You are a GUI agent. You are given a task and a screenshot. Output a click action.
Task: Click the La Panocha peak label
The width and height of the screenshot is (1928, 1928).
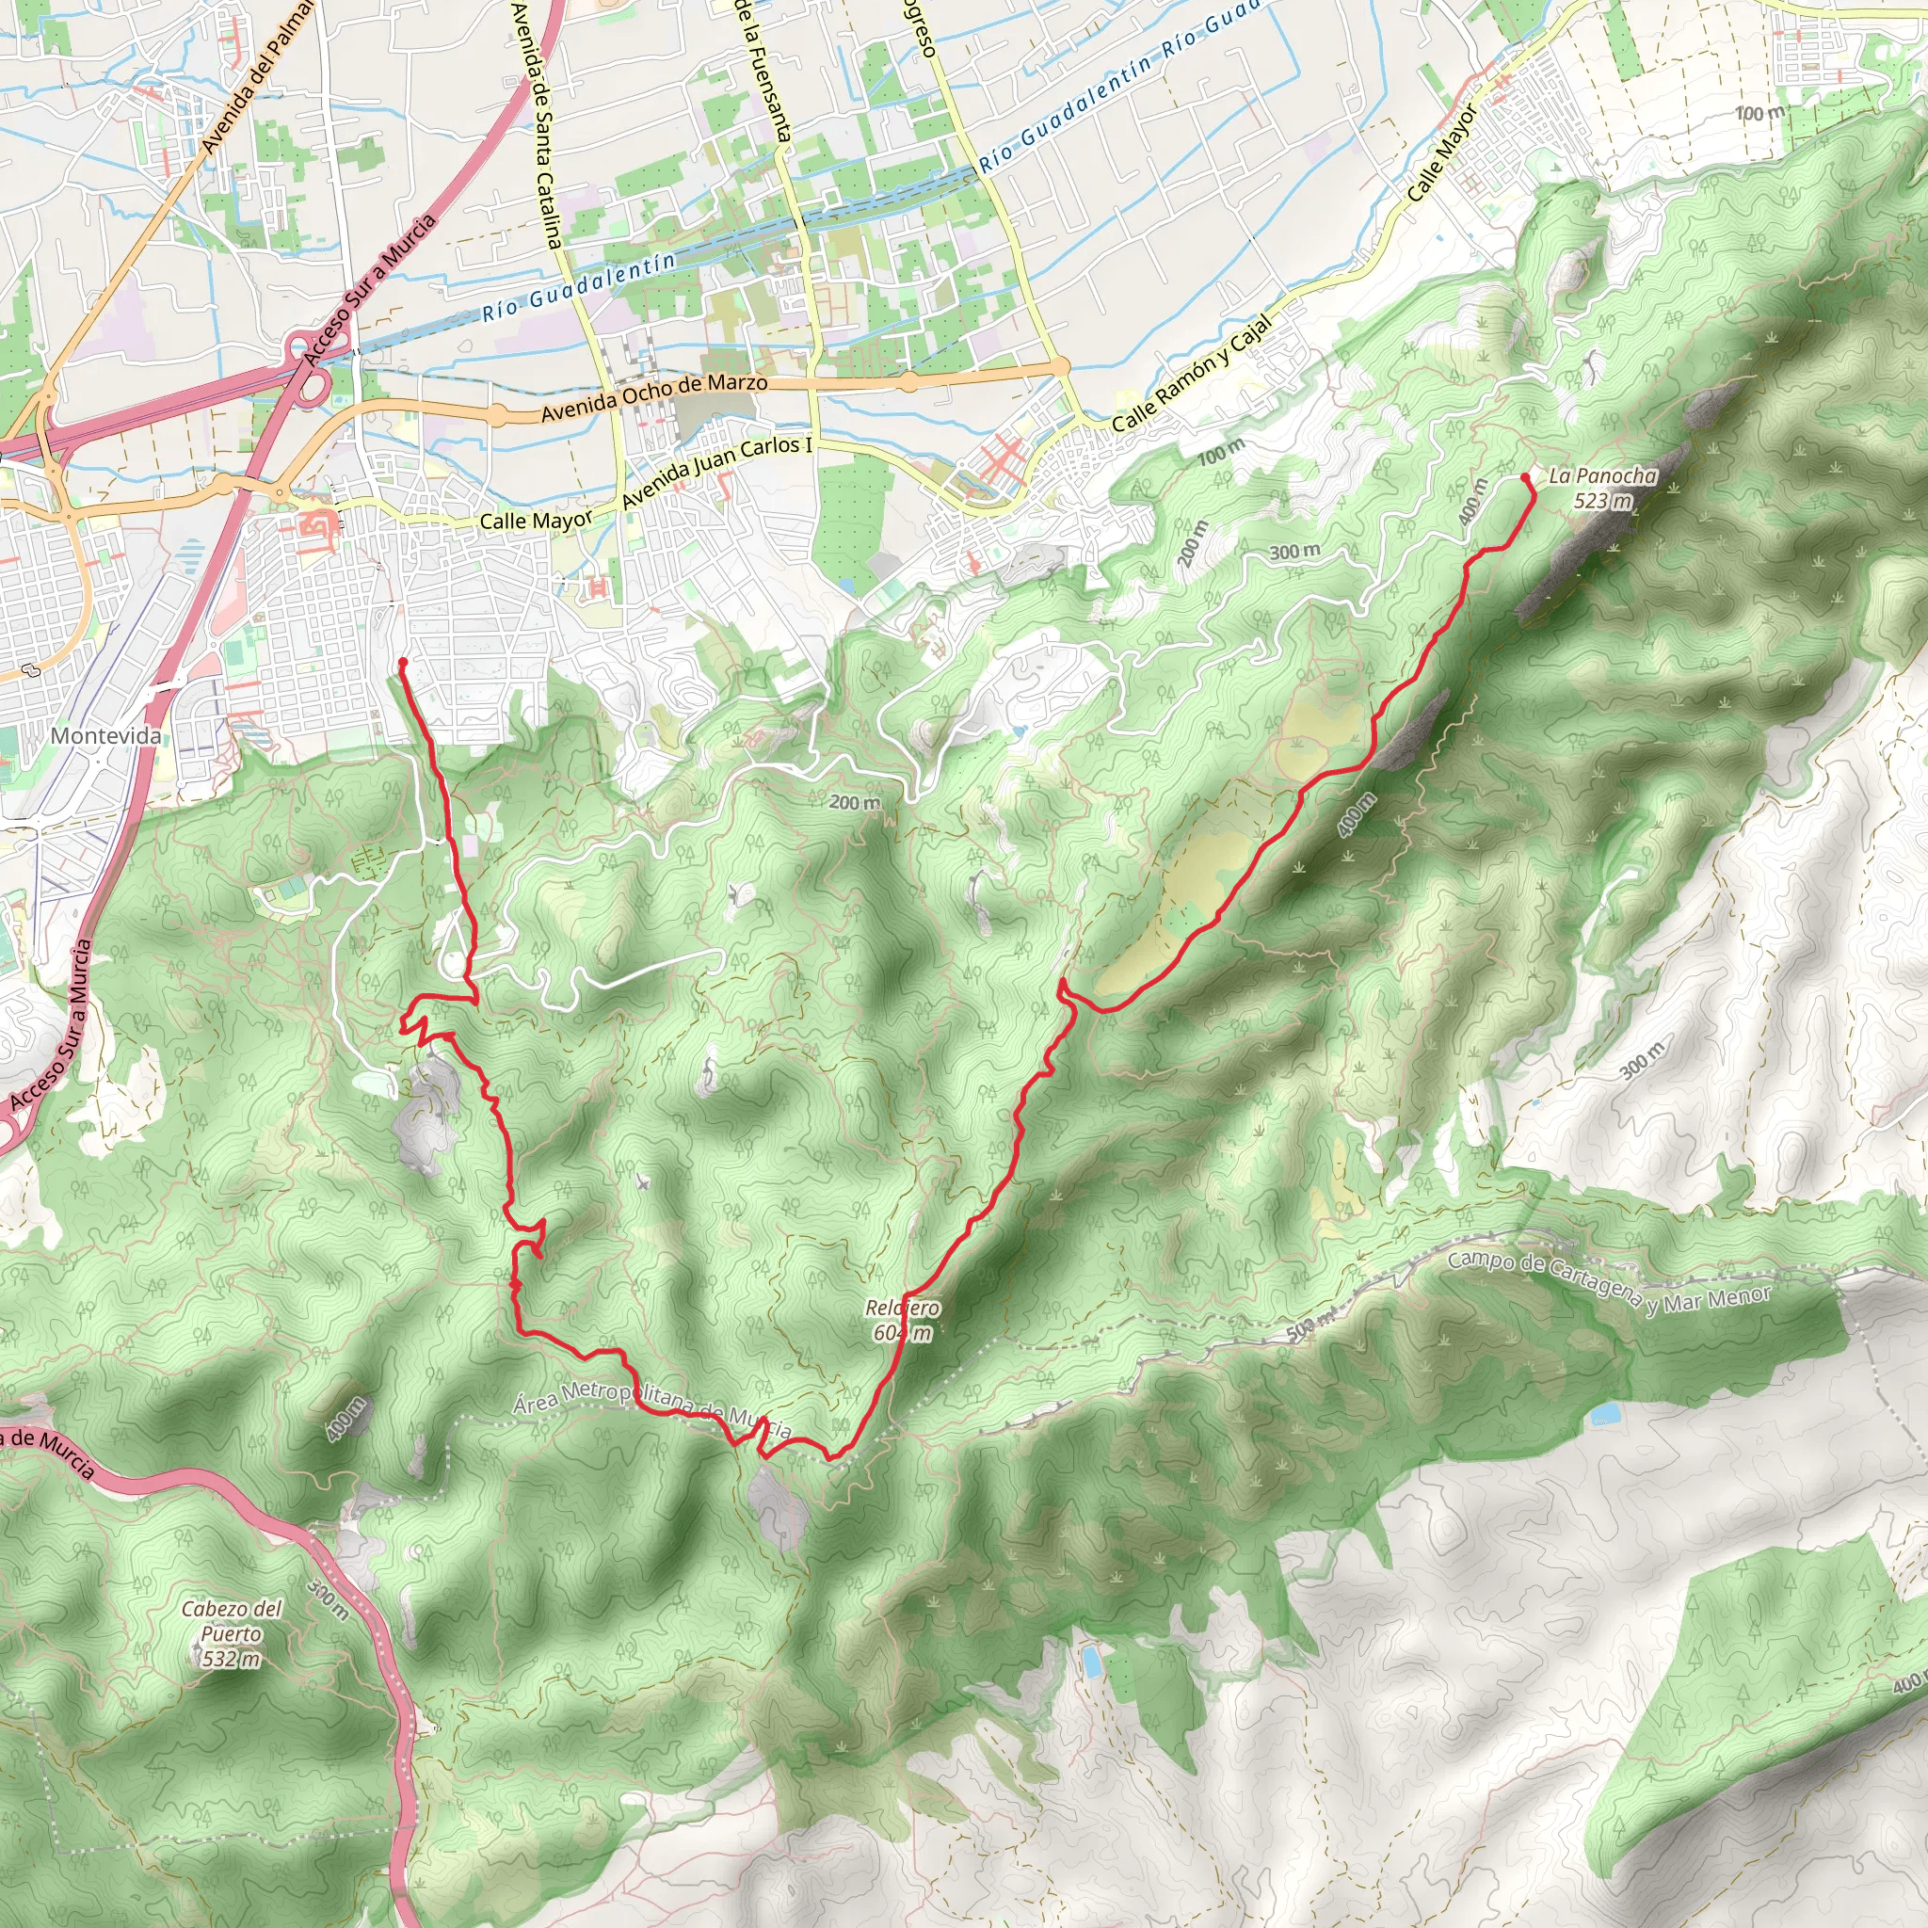[1601, 477]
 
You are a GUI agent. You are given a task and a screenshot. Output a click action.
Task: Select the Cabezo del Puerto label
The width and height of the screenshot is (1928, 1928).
[232, 1621]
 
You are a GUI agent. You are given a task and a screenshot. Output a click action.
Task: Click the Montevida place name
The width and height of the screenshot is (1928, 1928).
[105, 736]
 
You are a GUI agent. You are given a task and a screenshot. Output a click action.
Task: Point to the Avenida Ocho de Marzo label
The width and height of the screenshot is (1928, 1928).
[653, 397]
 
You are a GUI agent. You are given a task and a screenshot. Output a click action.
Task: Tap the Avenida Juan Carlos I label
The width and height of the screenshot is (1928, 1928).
[716, 471]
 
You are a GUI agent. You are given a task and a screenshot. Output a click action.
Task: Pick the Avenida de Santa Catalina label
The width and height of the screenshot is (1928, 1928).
[539, 125]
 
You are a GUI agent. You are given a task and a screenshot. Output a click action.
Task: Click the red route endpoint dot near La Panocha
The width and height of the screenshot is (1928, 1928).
[1525, 478]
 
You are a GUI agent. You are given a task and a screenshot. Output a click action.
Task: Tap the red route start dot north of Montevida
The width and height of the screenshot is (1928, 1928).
[403, 663]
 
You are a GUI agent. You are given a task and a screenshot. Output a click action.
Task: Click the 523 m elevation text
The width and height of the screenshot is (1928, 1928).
[1601, 500]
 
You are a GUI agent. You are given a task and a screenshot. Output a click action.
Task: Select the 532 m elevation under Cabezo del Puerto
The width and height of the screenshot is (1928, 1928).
[232, 1659]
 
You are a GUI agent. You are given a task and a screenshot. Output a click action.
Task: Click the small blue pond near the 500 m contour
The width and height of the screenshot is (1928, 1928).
[1606, 1413]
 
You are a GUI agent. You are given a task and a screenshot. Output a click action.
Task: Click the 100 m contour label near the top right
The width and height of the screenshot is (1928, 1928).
[1760, 113]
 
